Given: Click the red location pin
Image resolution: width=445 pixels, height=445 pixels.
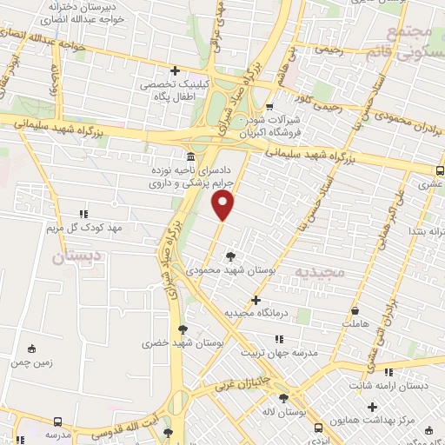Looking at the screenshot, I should (x=223, y=205).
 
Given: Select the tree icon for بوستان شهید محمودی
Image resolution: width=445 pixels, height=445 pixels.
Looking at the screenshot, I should (x=230, y=256).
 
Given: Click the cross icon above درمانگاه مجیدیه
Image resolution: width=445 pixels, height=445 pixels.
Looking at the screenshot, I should (x=256, y=299).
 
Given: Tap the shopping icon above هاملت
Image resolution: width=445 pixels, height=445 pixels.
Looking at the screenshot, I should (x=355, y=310).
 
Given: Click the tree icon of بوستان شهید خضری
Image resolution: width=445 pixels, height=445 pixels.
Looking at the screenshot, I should (x=182, y=329).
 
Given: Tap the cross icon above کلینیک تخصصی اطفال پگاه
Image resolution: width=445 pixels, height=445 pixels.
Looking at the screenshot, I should (x=176, y=71).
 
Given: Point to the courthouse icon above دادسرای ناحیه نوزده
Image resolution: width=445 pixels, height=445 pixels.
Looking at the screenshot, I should (x=190, y=156).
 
